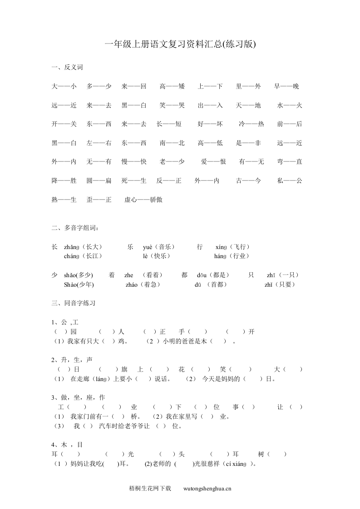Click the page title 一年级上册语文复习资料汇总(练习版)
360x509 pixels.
pyautogui.click(x=180, y=44)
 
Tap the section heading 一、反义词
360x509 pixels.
pyautogui.click(x=67, y=68)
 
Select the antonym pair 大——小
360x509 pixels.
pyautogui.click(x=64, y=86)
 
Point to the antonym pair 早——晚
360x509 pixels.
pyautogui.click(x=287, y=86)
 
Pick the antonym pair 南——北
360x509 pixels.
pyautogui.click(x=172, y=143)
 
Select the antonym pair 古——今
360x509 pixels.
pyautogui.click(x=249, y=181)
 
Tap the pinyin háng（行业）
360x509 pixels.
pyautogui.click(x=232, y=256)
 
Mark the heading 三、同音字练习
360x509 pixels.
pyautogui.click(x=73, y=303)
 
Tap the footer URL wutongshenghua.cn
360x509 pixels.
pyautogui.click(x=207, y=489)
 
